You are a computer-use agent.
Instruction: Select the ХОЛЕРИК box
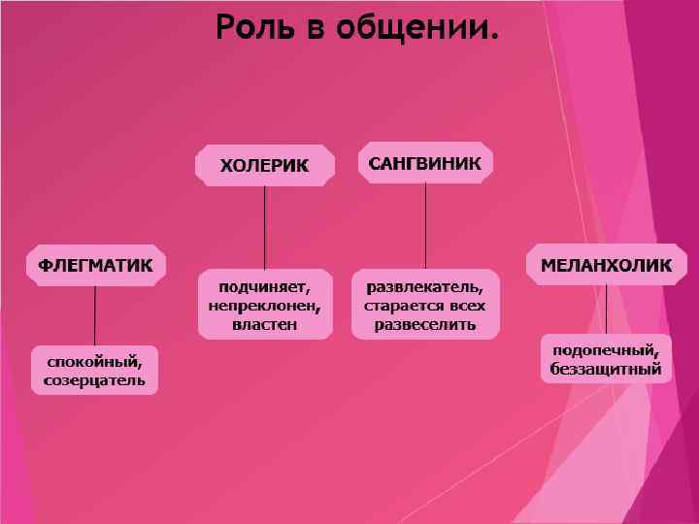[265, 165]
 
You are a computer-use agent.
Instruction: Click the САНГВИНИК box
[425, 163]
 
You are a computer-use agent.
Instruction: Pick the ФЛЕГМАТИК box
[95, 264]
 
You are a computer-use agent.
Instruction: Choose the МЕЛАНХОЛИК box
[606, 264]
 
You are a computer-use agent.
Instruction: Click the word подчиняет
[265, 287]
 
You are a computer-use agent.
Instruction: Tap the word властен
[265, 323]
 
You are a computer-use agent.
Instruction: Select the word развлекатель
[425, 287]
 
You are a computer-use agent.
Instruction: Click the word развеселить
[425, 323]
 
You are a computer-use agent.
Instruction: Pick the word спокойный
[95, 362]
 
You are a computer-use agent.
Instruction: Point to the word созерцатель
[95, 379]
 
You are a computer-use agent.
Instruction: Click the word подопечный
[606, 350]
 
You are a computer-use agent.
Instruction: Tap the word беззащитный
[606, 369]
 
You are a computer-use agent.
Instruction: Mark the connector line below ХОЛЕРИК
[265, 228]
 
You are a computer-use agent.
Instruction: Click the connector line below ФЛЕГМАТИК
[95, 314]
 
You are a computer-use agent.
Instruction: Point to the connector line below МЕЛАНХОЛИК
[606, 309]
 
